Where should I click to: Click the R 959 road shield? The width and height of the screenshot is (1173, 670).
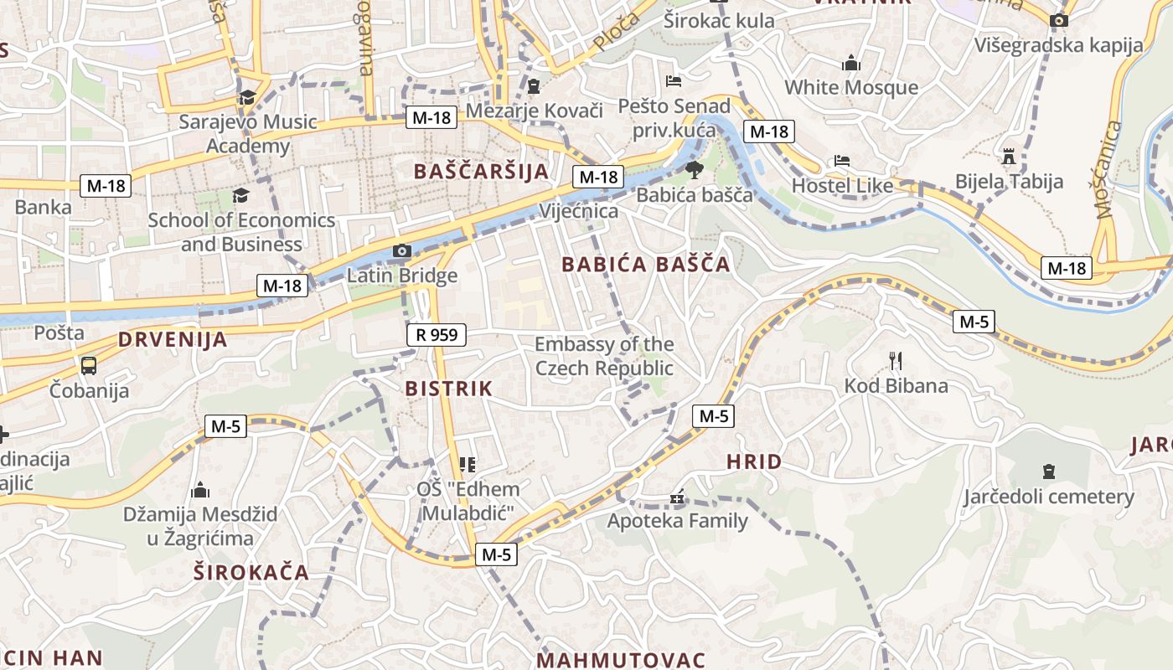[x=437, y=335]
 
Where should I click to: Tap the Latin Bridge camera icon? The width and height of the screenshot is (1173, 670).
[x=402, y=250]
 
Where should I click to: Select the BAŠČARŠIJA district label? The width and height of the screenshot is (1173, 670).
[x=482, y=172]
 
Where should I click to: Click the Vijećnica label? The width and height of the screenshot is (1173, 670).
[x=580, y=211]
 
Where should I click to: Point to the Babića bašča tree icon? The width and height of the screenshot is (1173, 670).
[x=694, y=171]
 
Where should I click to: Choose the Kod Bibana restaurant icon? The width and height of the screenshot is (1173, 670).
[x=896, y=361]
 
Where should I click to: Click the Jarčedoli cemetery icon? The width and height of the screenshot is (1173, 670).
[x=1048, y=472]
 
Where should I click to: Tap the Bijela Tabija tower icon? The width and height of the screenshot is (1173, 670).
[x=1009, y=157]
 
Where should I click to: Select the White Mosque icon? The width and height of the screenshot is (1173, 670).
[x=851, y=63]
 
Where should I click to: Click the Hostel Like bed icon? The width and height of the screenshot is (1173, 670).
[x=842, y=161]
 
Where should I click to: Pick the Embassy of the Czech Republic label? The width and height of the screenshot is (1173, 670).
[x=604, y=356]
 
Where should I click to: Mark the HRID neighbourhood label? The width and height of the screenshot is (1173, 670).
[x=754, y=461]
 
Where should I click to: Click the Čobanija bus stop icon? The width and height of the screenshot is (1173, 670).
[x=89, y=365]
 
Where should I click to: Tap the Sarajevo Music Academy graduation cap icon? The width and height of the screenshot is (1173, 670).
[x=247, y=98]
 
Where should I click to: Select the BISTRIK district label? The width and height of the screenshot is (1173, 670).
[x=449, y=389]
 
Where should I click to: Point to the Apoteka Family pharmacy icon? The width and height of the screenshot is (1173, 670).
[x=677, y=498]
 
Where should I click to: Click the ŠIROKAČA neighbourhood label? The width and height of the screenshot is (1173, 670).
[x=251, y=573]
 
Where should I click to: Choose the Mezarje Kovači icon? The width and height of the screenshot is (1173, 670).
[x=534, y=86]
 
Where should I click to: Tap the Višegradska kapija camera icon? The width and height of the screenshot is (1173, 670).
[x=1059, y=20]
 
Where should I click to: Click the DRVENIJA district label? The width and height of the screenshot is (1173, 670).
[x=173, y=339]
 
